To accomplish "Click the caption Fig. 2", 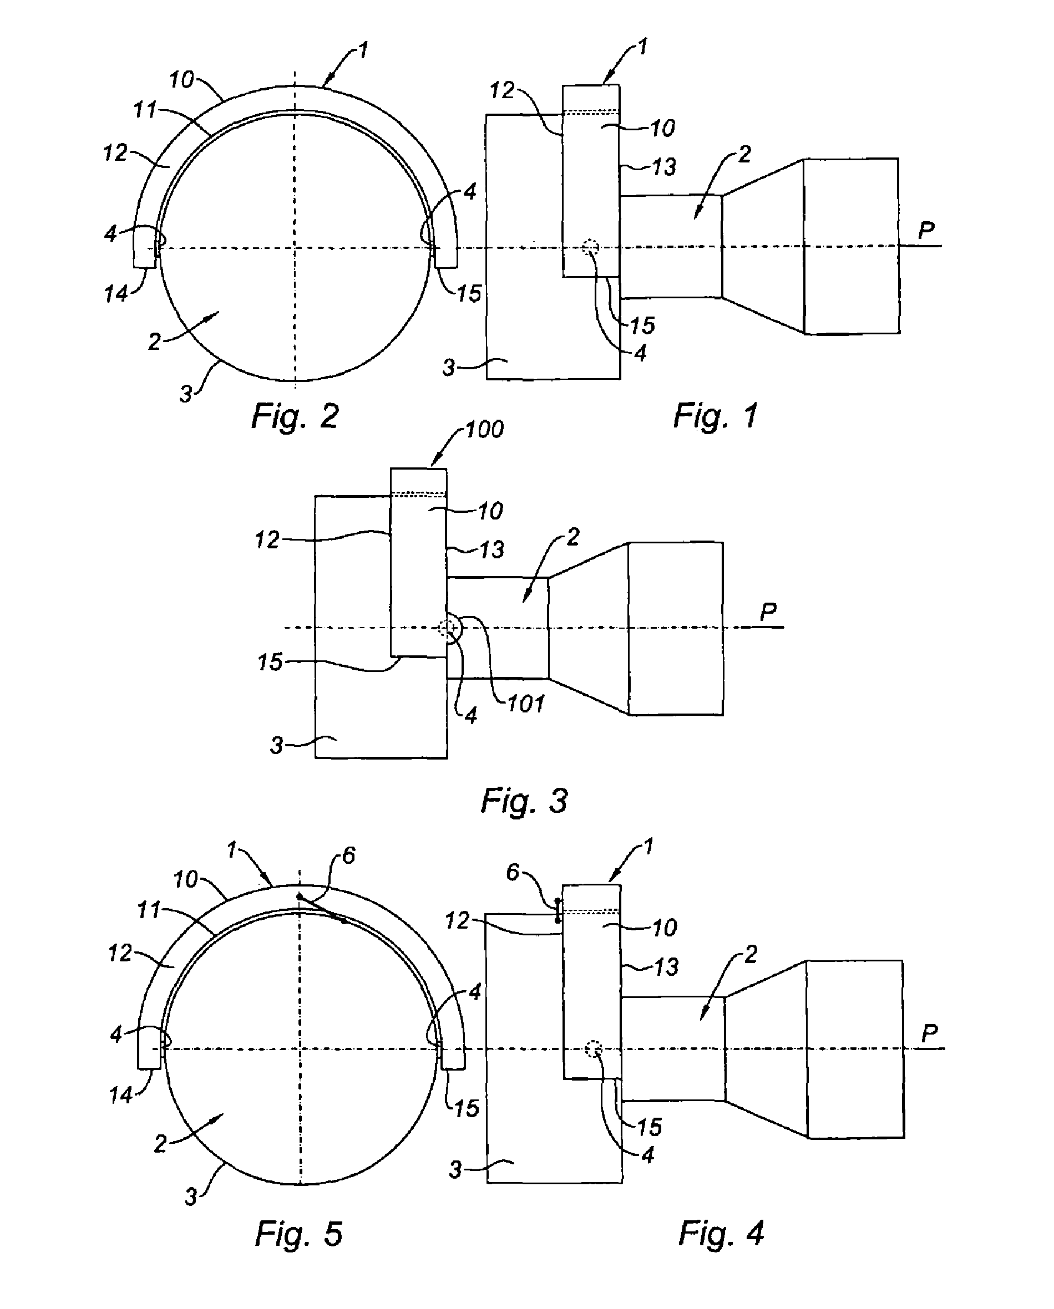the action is (x=295, y=416).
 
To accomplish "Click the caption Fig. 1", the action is (x=716, y=416).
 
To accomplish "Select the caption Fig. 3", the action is (x=524, y=801).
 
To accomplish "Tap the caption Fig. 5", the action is (x=299, y=1234).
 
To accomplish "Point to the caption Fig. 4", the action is (x=721, y=1233).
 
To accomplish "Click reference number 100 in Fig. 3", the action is (x=484, y=429).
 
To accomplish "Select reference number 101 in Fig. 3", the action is (x=526, y=704).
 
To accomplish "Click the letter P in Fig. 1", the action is (x=926, y=230).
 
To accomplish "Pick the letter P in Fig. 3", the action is (x=768, y=612).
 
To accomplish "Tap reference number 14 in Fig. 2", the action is (x=116, y=294).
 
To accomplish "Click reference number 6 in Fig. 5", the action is (x=349, y=855).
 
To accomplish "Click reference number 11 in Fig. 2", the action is (x=145, y=110).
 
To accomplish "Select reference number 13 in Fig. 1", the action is (x=664, y=167).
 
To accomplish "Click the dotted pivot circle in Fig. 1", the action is (x=590, y=247).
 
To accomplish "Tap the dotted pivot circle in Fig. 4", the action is (x=594, y=1048).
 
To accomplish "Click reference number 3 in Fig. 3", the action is (x=277, y=745).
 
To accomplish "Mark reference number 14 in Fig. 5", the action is (x=120, y=1096).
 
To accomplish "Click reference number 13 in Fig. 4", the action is (x=666, y=967).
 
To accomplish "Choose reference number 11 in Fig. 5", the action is (x=149, y=910).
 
